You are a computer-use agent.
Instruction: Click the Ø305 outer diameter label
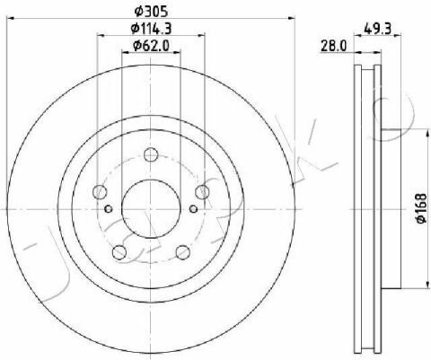151,12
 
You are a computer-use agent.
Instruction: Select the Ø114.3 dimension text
151,29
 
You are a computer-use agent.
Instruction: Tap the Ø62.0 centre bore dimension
151,46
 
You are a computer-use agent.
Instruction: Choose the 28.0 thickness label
333,46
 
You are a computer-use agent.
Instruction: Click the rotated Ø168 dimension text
421,208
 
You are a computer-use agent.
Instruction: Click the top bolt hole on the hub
151,154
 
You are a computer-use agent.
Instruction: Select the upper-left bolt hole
100,191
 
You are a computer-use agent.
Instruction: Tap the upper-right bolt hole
202,191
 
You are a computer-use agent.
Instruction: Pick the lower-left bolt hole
119,252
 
